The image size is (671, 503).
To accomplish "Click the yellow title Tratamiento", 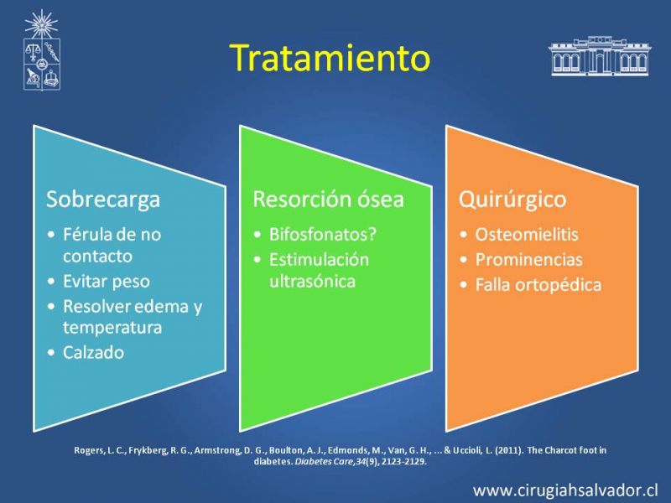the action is click(x=330, y=58).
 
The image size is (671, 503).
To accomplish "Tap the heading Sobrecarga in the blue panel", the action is click(x=103, y=200).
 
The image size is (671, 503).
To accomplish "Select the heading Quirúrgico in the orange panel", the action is click(x=512, y=200).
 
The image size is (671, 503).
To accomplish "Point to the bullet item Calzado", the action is click(x=94, y=352).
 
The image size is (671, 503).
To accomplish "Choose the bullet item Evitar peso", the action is click(x=107, y=282).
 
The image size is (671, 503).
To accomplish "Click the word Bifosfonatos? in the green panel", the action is click(x=323, y=235).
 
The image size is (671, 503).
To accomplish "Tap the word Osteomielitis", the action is click(x=527, y=235).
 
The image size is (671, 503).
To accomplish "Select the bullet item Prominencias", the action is click(x=529, y=260).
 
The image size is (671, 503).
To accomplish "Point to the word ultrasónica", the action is click(x=312, y=282).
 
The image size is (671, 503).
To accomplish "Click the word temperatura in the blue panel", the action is click(x=112, y=328).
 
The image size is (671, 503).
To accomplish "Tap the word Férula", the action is click(x=85, y=235).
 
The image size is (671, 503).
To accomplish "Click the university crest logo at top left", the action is click(x=41, y=50).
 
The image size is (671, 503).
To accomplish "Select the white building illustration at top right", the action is click(x=599, y=55).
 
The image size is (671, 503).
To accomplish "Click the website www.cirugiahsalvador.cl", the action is click(x=565, y=490).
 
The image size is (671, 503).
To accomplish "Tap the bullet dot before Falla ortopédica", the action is click(x=464, y=285).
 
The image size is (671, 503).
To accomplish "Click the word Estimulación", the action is click(x=319, y=260).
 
